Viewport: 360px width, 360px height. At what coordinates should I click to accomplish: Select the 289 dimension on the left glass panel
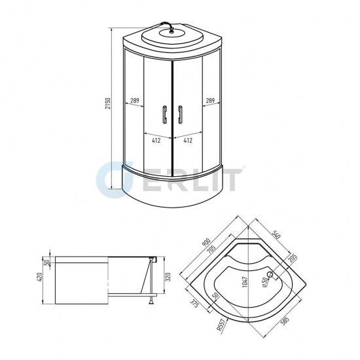tap(134, 100)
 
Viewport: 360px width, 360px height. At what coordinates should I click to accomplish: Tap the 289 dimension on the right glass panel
tap(210, 100)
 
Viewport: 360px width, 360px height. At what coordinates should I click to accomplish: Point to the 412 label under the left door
tap(157, 139)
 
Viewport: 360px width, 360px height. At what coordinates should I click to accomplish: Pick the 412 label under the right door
tap(188, 139)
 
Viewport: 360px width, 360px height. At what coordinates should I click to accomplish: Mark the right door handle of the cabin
tap(179, 115)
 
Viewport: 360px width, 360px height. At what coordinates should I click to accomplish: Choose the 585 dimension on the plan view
tap(285, 322)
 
